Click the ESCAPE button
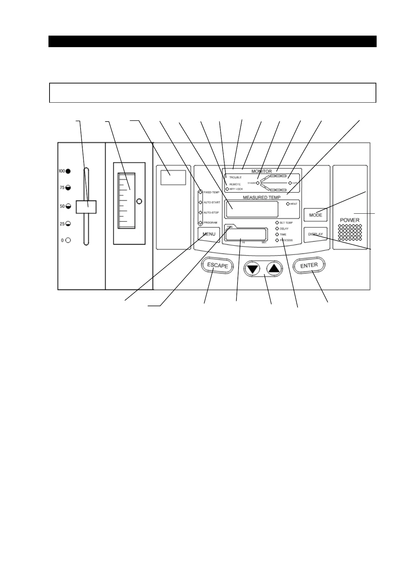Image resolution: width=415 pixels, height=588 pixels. click(217, 265)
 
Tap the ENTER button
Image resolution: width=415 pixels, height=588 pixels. click(309, 266)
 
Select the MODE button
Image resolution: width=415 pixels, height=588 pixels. click(316, 215)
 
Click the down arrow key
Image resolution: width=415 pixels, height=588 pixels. click(253, 269)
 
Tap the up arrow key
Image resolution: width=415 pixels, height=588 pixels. click(274, 269)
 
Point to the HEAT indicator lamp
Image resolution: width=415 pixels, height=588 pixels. click(288, 204)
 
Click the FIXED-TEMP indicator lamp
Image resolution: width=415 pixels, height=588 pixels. click(201, 192)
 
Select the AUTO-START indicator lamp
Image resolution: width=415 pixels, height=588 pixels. click(201, 202)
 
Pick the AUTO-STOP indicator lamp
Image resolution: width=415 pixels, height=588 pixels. click(201, 212)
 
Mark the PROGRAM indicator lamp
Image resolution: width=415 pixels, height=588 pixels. click(201, 222)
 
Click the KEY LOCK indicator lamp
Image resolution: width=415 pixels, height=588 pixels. click(227, 189)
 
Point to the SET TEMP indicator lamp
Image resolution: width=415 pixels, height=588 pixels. click(277, 222)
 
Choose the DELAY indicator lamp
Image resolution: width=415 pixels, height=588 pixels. click(277, 229)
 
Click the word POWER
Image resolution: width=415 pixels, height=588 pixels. click(349, 220)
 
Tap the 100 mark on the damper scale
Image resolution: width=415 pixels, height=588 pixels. click(62, 171)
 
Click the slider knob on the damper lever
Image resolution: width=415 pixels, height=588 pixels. click(86, 207)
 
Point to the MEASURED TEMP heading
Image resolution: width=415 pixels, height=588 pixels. click(262, 198)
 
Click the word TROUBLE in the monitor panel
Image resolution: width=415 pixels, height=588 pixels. click(235, 178)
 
